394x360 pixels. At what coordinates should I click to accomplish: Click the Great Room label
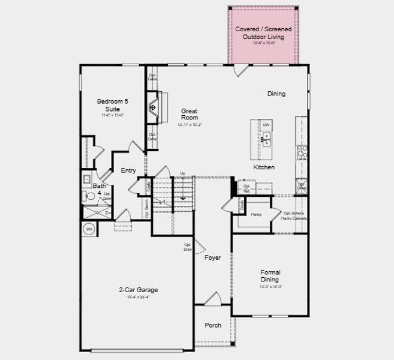190,114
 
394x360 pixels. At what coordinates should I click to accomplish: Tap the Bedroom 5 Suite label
113,105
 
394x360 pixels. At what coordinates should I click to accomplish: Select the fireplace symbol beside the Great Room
154,107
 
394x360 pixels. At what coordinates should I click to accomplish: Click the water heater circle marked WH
88,229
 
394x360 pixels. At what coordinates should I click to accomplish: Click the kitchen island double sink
266,141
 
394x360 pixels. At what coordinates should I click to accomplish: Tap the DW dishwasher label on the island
266,125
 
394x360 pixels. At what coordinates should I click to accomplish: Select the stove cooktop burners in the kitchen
302,153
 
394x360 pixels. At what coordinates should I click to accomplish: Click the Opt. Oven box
302,187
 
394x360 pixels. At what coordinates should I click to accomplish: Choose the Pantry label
256,214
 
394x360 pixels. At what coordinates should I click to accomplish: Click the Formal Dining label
270,276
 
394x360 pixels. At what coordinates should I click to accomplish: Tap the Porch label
213,325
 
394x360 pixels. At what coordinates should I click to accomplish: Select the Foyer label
212,257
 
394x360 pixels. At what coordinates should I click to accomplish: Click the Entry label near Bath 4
128,171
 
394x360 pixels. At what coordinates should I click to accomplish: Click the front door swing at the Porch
212,298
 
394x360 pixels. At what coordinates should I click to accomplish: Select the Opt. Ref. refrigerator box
246,188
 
